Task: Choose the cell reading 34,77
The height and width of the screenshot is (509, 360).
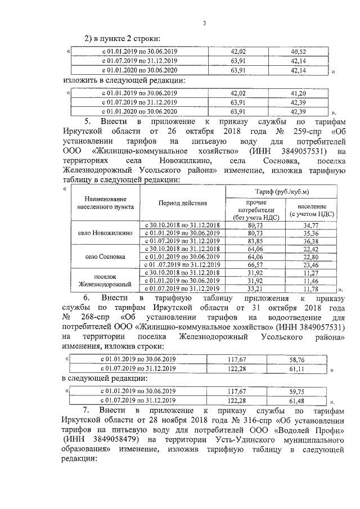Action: point(311,225)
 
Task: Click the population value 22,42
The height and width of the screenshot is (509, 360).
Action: point(311,249)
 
